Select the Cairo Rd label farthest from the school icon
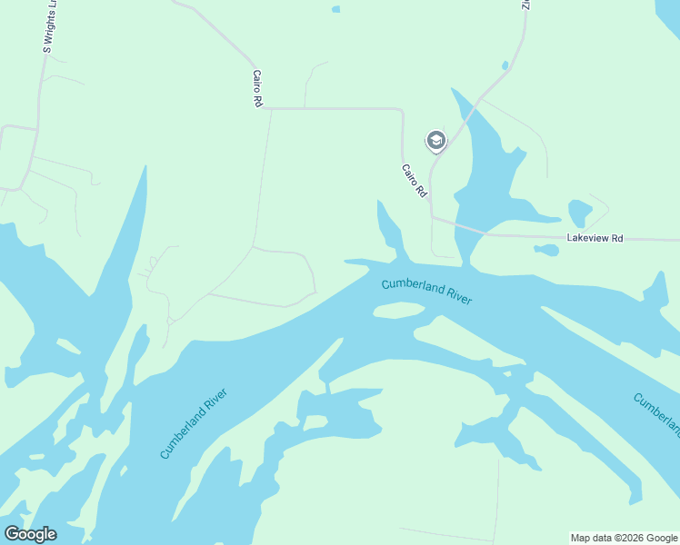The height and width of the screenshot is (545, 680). coord(257,89)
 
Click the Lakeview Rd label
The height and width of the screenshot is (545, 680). coord(595,238)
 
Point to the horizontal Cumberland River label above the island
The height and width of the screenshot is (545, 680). coord(426,291)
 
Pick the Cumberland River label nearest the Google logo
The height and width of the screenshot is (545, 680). coord(193,423)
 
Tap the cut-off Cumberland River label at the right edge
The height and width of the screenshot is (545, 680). coord(656,413)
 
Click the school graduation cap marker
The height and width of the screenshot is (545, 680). coord(436,140)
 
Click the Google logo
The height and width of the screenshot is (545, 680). coord(31,534)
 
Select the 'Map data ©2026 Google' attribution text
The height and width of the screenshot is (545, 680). coord(625,538)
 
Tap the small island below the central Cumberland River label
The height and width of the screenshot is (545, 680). coord(398,311)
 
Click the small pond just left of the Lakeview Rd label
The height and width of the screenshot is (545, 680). coord(546,249)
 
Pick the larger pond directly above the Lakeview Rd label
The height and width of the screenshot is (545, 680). coord(579,213)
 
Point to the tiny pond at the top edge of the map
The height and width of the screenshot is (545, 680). coord(336,9)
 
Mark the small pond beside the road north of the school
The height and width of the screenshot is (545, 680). coord(505,65)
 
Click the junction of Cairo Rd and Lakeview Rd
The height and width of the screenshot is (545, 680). coord(432,217)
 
